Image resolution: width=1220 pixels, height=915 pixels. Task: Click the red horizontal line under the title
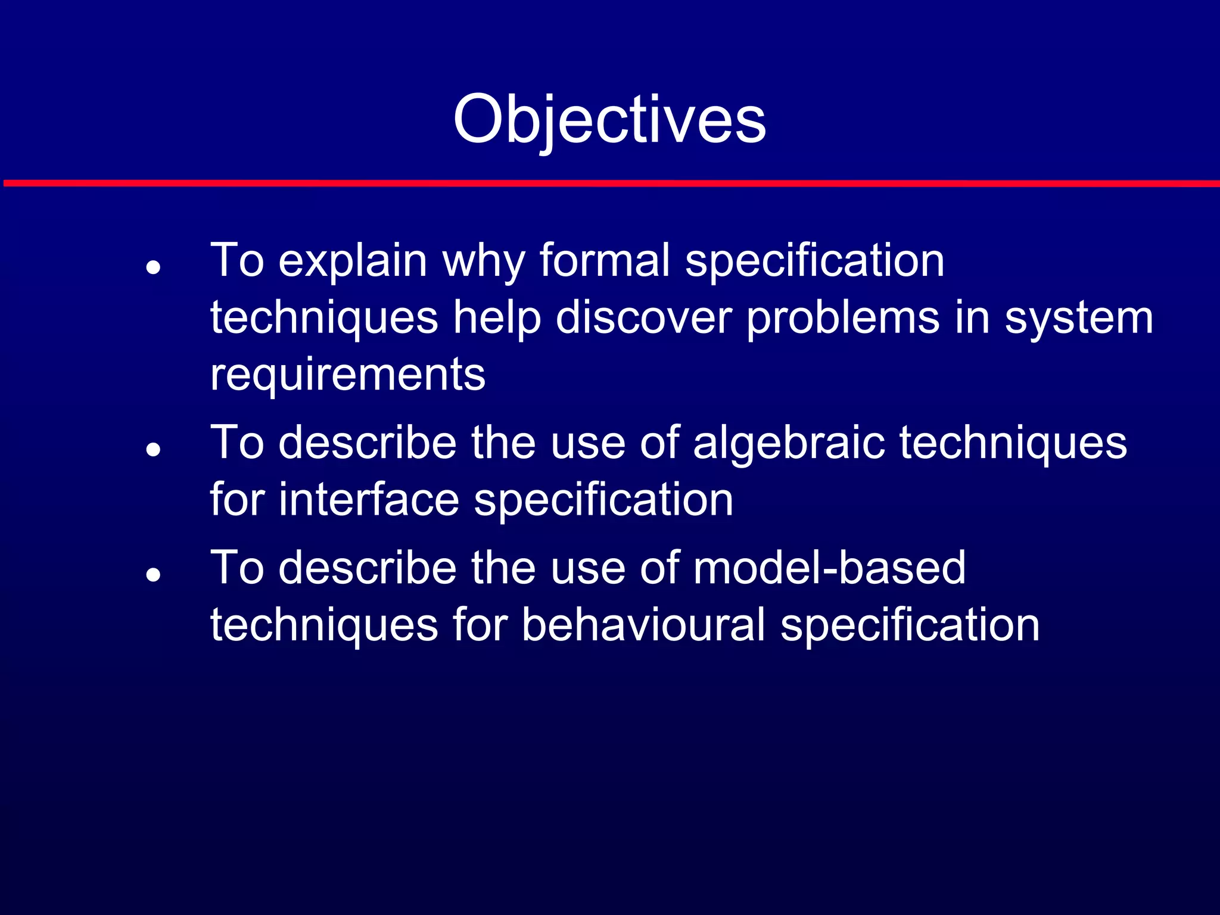click(x=610, y=183)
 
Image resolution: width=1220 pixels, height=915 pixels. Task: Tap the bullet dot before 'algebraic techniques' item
click(x=154, y=449)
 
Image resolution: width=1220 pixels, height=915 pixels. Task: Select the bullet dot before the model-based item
click(x=154, y=574)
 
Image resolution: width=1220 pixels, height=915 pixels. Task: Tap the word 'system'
click(x=1079, y=318)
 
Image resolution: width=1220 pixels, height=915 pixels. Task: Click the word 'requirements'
click(x=348, y=375)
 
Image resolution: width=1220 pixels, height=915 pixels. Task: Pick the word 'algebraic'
click(x=789, y=443)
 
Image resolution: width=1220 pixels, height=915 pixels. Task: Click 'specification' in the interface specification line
click(x=603, y=500)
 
